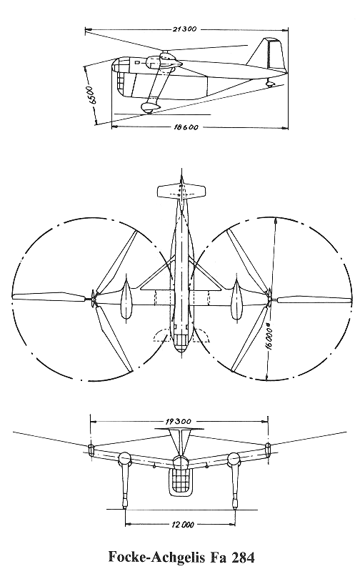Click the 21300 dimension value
pyautogui.click(x=184, y=29)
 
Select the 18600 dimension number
pyautogui.click(x=186, y=128)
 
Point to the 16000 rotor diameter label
pyautogui.click(x=271, y=341)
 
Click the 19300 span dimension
pyautogui.click(x=178, y=422)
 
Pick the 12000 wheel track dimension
pyautogui.click(x=183, y=525)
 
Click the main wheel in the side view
pyautogui.click(x=149, y=108)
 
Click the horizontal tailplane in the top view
pyautogui.click(x=181, y=192)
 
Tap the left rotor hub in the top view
pyautogui.click(x=94, y=298)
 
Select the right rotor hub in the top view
pyautogui.click(x=269, y=298)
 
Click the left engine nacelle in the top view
pyautogui.click(x=126, y=299)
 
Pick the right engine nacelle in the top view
pyautogui.click(x=236, y=299)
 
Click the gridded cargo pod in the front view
pyautogui.click(x=181, y=482)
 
